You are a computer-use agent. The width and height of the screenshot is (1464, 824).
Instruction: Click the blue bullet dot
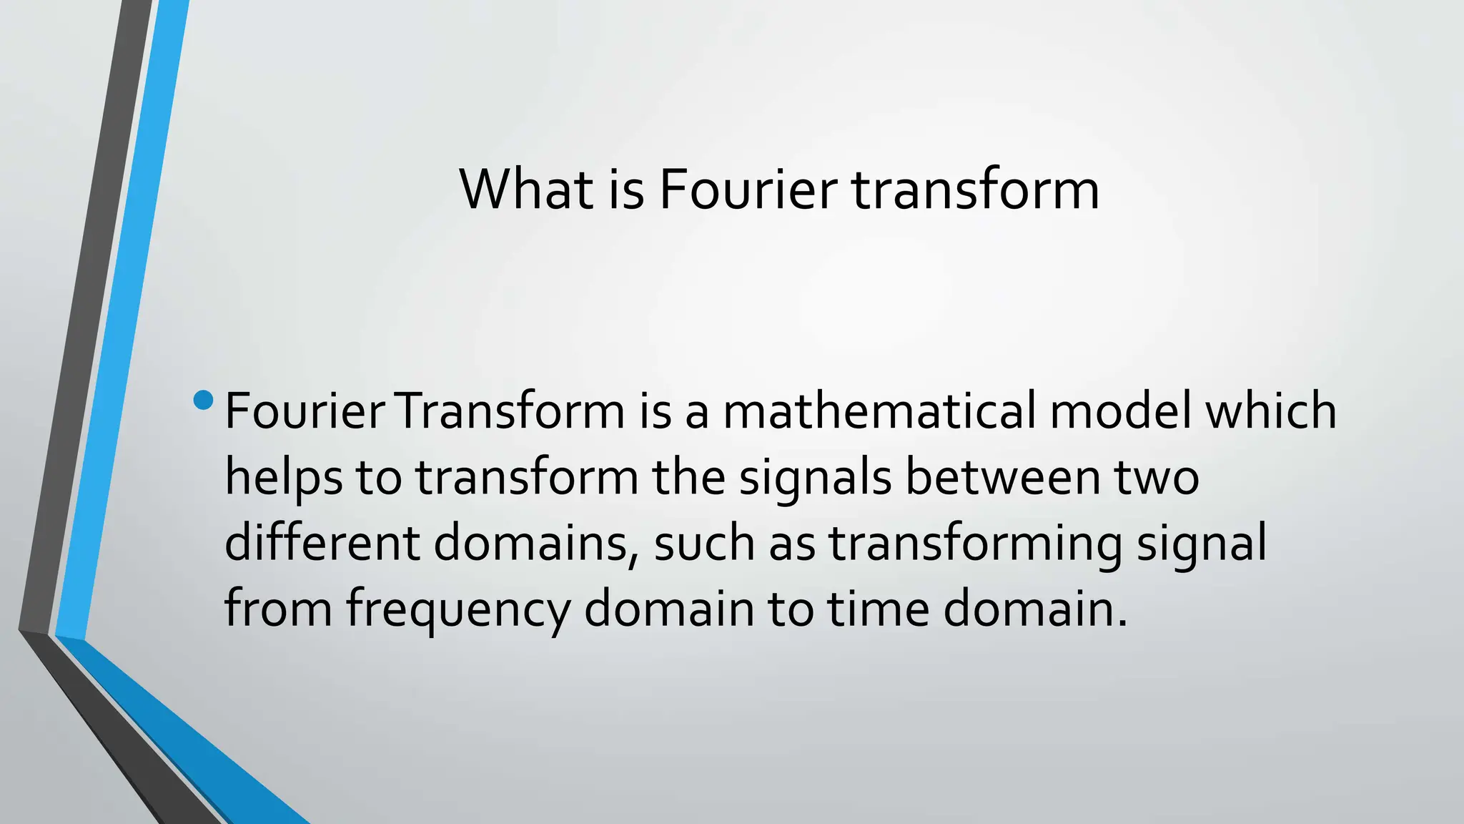(x=203, y=400)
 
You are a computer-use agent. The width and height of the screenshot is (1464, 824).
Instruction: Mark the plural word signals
(x=815, y=478)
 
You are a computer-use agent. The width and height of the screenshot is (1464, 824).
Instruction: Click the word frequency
(x=458, y=609)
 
